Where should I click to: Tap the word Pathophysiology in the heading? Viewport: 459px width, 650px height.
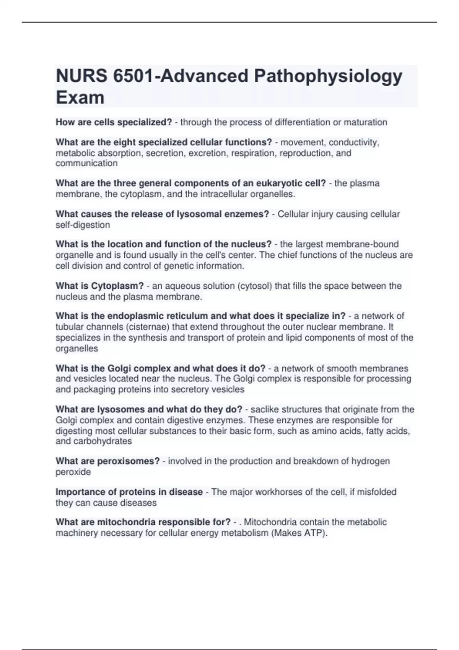328,76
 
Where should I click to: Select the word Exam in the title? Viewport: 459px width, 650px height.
80,97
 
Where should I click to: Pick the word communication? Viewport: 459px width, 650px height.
86,163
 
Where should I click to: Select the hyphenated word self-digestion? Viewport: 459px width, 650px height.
83,225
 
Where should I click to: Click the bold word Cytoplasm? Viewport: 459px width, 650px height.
117,286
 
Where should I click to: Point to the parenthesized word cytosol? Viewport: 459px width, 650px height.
255,286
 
